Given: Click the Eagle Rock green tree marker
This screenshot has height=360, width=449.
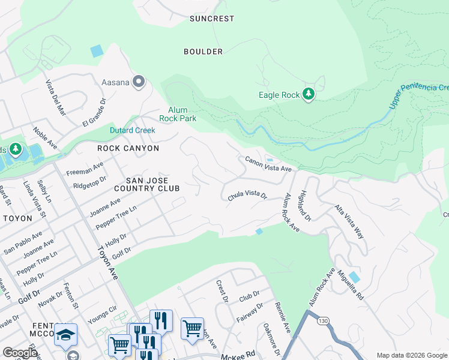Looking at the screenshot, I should pos(309,94).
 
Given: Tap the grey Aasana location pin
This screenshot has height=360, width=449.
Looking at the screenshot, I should pos(139,82).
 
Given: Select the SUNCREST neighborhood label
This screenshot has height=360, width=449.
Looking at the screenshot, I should pos(212,19).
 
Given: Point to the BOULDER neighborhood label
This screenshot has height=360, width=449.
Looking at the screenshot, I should pos(203,52).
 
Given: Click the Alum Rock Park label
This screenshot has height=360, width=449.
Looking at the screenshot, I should pos(178,114).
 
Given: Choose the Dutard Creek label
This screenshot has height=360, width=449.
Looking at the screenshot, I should pos(132,130).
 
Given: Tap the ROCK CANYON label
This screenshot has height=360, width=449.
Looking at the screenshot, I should pos(129,148).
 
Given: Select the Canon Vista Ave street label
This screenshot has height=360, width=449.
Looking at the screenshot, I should pos(268,164).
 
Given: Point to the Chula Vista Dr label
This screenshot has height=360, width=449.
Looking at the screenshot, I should pos(247,195).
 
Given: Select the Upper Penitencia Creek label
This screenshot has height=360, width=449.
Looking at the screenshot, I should pos(418,97).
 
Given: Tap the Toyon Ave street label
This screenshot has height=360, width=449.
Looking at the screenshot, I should pos(106,265).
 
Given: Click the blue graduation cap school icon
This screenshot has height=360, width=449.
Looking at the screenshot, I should pos(65,335).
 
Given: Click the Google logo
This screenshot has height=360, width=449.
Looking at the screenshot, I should pos(20,352).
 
